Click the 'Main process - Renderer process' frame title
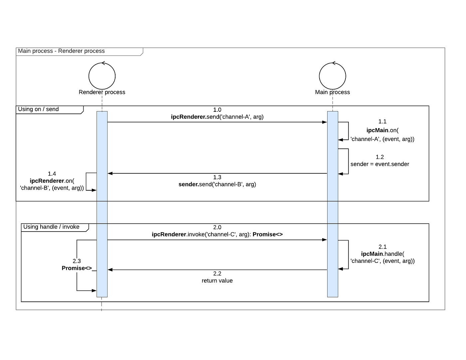[x=61, y=51]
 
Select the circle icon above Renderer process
[x=102, y=76]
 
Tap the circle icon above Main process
[x=332, y=76]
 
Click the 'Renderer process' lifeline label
[x=102, y=92]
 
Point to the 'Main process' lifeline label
[x=332, y=92]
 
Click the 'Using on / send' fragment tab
[x=38, y=109]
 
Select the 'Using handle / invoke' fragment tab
[x=51, y=227]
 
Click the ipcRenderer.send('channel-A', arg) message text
[x=217, y=117]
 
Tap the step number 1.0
[x=217, y=110]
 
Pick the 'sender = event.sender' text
[x=380, y=164]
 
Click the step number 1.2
[x=380, y=157]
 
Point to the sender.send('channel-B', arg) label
[x=217, y=184]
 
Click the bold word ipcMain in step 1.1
[x=377, y=130]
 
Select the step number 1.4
[x=52, y=174]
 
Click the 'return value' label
[x=217, y=281]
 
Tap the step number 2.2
[x=217, y=273]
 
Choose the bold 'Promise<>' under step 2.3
[x=77, y=268]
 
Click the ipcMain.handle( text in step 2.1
[x=382, y=254]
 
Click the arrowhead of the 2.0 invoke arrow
[x=325, y=240]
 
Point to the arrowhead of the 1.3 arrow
[x=111, y=173]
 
